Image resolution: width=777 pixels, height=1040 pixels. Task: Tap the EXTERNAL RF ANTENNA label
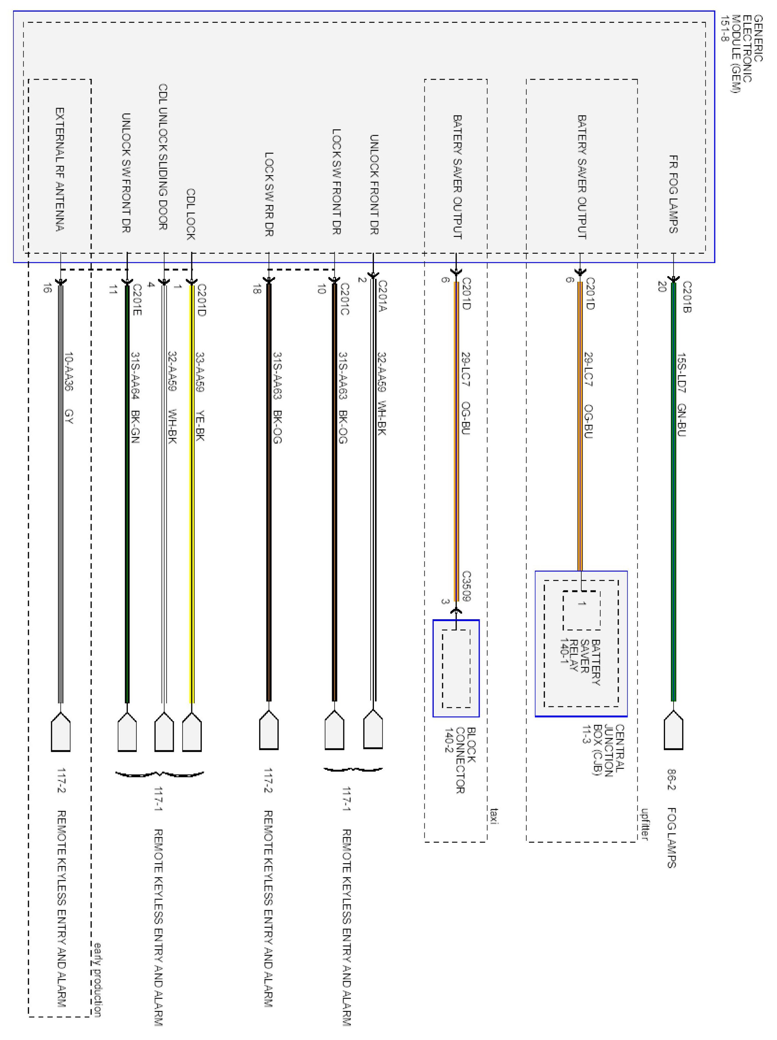coord(60,169)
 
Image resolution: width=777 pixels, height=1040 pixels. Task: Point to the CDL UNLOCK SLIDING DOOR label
coord(162,157)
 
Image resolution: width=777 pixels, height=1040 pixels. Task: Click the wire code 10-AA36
coord(69,371)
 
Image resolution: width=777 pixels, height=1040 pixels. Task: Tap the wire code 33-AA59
coord(199,372)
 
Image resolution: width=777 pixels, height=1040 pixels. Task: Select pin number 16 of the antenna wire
coord(47,288)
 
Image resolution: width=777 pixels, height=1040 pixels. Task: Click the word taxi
coord(493,816)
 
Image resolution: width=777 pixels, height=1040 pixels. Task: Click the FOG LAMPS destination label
coord(671,838)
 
